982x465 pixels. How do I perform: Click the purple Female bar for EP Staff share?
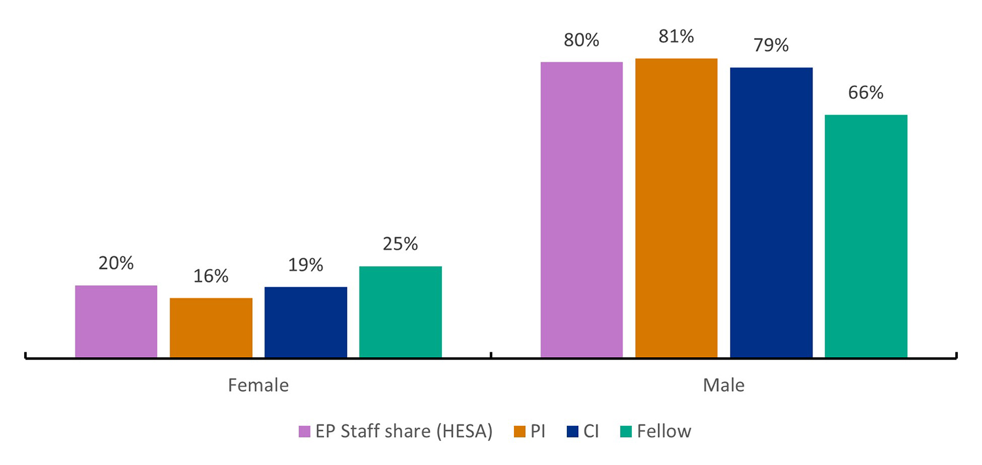(x=116, y=321)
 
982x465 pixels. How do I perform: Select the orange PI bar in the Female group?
(x=211, y=328)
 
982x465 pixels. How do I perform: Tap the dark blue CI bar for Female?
(x=306, y=322)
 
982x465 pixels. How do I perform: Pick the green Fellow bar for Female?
(x=400, y=312)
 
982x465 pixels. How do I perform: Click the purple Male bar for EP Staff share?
(x=581, y=209)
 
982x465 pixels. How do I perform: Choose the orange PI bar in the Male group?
(x=676, y=208)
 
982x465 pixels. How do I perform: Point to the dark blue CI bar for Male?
(x=771, y=213)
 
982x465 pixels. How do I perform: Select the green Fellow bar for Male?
(x=865, y=236)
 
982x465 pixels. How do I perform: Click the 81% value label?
(x=676, y=37)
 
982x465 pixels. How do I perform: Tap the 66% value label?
(x=865, y=93)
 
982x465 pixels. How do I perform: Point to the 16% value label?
(x=211, y=276)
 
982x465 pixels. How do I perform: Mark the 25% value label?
(x=400, y=244)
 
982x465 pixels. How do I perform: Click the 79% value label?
(x=771, y=46)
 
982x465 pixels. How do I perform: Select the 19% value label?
(x=306, y=265)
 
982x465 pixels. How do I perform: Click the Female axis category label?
(x=258, y=386)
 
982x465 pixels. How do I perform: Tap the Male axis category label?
(x=723, y=386)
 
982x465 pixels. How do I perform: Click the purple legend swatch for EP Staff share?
(x=304, y=432)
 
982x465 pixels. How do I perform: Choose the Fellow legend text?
(x=664, y=432)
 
